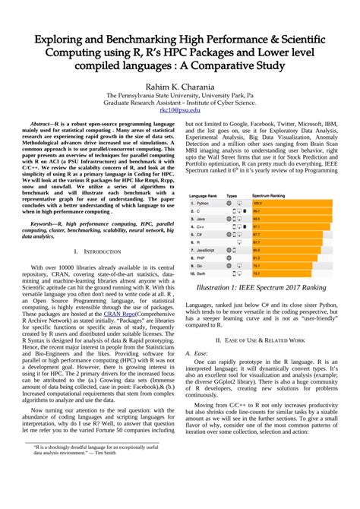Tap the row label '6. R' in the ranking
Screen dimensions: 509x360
coord(200,242)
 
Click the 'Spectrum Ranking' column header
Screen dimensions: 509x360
coord(270,195)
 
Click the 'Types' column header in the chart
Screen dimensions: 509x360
coord(232,195)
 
